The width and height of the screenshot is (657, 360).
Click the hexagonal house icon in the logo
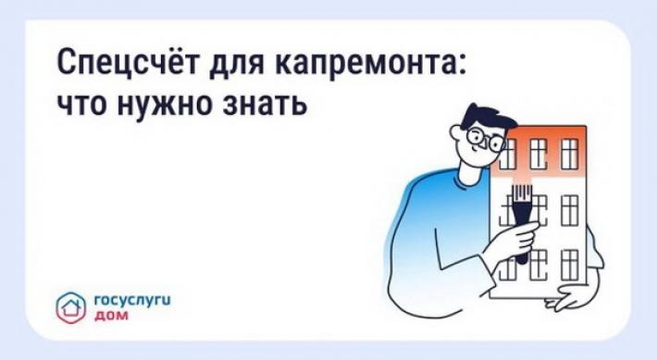click(x=71, y=307)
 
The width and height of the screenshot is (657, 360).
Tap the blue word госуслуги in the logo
click(x=133, y=301)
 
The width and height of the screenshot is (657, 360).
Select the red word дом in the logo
click(x=111, y=316)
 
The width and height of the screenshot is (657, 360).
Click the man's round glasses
click(x=487, y=139)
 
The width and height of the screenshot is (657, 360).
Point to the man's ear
click(x=457, y=133)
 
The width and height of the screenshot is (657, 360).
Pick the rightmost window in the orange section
click(x=569, y=154)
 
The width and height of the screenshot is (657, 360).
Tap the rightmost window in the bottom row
click(x=569, y=265)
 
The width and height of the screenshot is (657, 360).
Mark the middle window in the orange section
click(x=539, y=154)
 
